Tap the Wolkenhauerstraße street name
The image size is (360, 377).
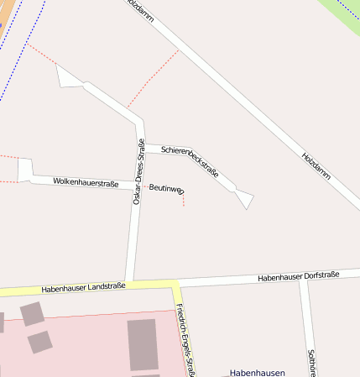point(85,181)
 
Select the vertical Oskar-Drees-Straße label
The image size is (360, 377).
point(139,172)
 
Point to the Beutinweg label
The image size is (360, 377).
point(166,189)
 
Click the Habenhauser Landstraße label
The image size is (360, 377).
point(83,287)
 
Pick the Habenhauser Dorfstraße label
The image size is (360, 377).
point(299,276)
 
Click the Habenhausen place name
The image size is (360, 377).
point(258,372)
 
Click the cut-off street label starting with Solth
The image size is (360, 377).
point(312,362)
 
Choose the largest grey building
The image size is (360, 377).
point(143,344)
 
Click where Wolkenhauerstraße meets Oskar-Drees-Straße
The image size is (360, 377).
point(135,186)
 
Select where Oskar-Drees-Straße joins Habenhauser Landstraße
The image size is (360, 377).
point(129,284)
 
